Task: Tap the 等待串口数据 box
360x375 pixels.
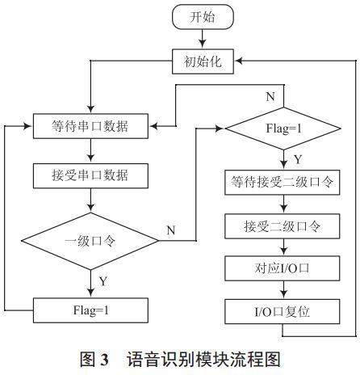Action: [90, 126]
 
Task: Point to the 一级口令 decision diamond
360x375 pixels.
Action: [90, 239]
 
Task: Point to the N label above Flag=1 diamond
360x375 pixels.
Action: [270, 97]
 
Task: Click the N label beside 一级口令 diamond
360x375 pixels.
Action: [171, 230]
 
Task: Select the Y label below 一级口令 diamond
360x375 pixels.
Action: [102, 280]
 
